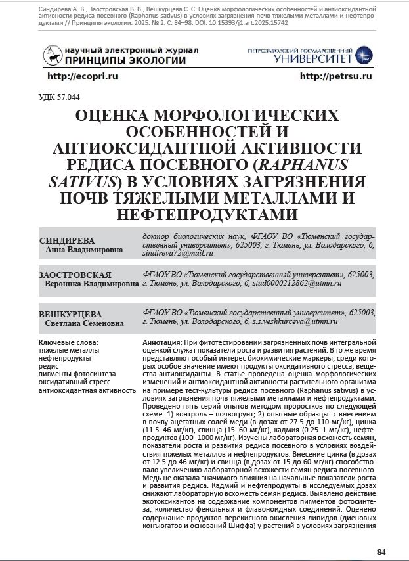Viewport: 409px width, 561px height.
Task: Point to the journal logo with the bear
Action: tap(52, 55)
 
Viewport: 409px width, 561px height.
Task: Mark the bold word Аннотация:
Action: tap(163, 343)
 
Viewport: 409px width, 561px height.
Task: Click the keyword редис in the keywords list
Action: tap(49, 366)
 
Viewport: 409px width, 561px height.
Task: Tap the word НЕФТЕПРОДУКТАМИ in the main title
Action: tap(205, 214)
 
